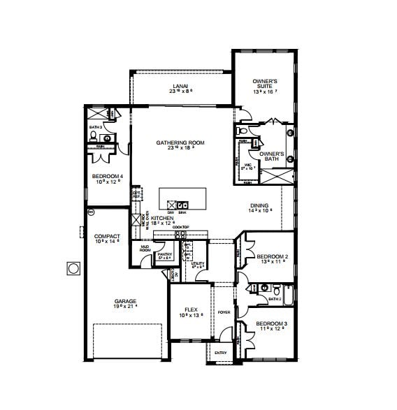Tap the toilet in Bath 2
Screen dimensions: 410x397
click(277, 288)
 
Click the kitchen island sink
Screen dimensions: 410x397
click(181, 205)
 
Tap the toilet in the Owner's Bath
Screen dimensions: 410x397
click(242, 131)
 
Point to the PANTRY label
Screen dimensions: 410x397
click(164, 256)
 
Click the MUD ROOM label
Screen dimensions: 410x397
click(145, 249)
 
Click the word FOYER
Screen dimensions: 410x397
click(224, 312)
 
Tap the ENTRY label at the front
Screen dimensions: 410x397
click(221, 353)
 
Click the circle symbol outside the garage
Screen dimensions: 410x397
click(73, 268)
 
